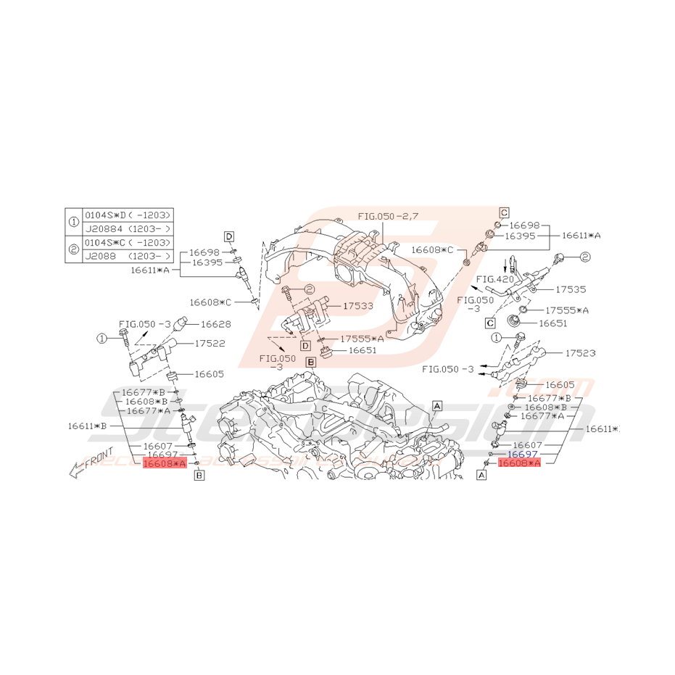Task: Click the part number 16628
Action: click(x=217, y=324)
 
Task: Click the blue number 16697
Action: click(x=522, y=453)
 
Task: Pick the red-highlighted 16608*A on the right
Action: click(x=519, y=463)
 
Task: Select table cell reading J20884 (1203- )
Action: click(x=128, y=228)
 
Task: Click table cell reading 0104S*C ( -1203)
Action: click(x=128, y=242)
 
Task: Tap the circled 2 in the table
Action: click(x=73, y=249)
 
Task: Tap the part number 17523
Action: click(x=577, y=353)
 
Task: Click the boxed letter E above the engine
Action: click(x=310, y=361)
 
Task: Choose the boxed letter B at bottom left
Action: click(x=199, y=476)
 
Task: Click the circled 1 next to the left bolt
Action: click(x=103, y=337)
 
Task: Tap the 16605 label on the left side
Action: click(x=209, y=374)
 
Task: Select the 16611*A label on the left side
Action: click(x=150, y=270)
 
